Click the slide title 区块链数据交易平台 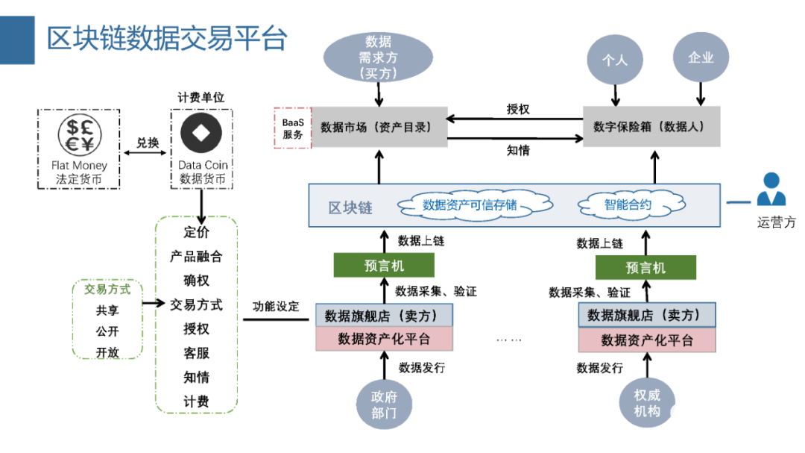click(166, 38)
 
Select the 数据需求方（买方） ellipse click(379, 57)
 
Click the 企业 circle click(701, 57)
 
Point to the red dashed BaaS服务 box click(293, 128)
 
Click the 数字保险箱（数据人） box click(651, 127)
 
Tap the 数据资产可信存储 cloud click(470, 205)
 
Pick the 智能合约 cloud click(628, 204)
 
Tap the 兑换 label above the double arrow click(148, 142)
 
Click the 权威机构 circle click(646, 402)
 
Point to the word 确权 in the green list click(197, 281)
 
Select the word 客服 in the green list click(197, 353)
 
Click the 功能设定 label click(275, 306)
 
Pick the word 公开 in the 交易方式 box click(107, 331)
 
